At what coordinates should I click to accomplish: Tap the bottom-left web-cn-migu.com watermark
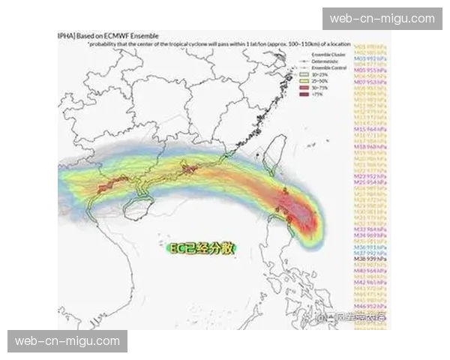point(67,341)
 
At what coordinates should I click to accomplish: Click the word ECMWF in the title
point(134,36)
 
